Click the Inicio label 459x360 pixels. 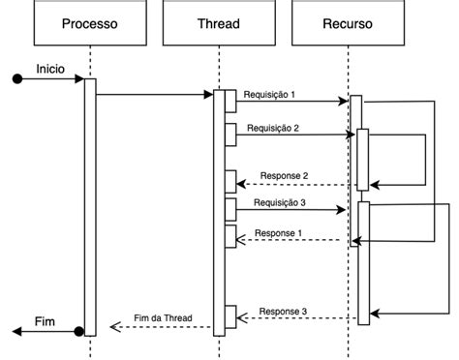coord(50,69)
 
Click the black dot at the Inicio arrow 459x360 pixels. coord(16,80)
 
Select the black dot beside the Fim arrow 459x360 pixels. coord(79,332)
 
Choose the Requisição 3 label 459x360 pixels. coord(280,202)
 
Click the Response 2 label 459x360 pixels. coord(285,175)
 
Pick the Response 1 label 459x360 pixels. coord(278,233)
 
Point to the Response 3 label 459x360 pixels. coord(284,311)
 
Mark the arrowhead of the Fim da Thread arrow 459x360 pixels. coord(114,327)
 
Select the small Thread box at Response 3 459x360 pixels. coord(230,315)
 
